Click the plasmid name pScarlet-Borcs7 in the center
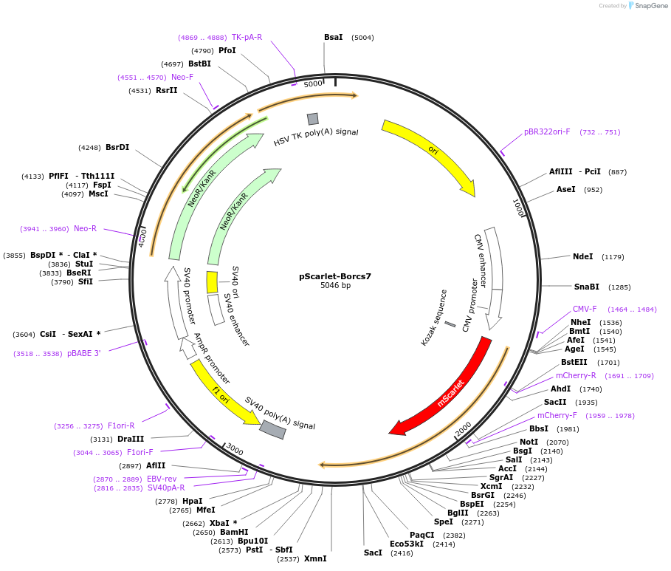335,276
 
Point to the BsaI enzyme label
333,37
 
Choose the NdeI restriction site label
582,257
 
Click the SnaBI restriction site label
587,287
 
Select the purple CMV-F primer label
585,309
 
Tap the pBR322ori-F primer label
547,132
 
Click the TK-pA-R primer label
247,37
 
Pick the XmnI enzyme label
315,559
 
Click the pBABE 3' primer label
83,353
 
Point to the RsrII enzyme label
166,90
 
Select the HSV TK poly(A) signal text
316,137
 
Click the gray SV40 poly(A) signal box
272,429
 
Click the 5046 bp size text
335,286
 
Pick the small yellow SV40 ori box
212,282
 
